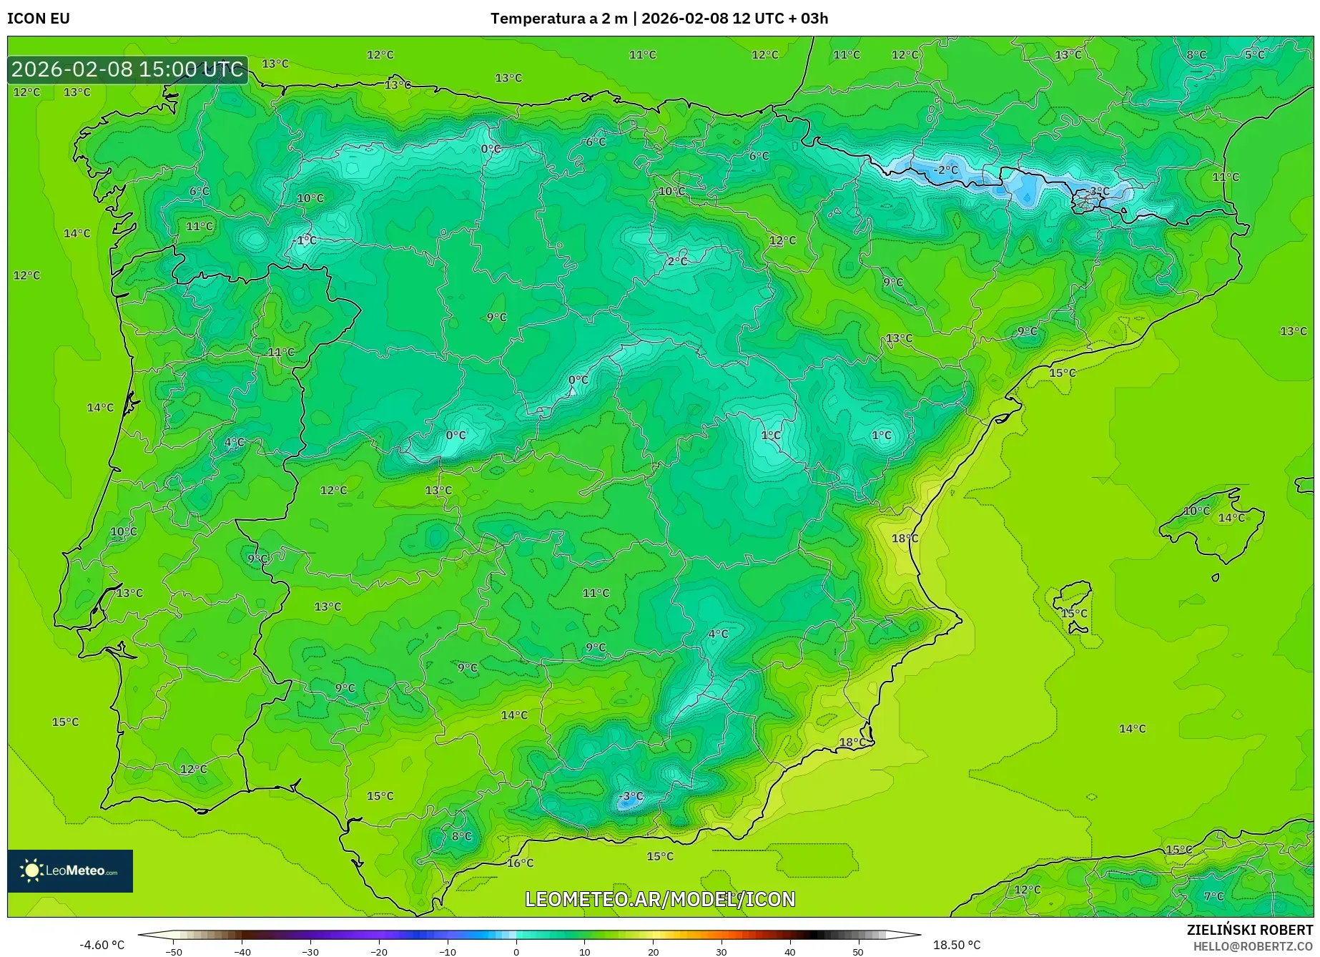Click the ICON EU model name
(x=39, y=19)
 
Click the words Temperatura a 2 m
(x=558, y=19)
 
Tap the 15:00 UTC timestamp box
(x=128, y=69)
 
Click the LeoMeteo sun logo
(x=31, y=870)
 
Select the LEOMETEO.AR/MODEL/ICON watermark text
(x=660, y=899)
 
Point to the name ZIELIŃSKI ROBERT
(x=1250, y=930)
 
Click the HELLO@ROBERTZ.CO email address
(x=1253, y=946)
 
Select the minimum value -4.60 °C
(x=102, y=945)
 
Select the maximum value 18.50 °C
(x=957, y=945)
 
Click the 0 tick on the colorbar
(x=516, y=951)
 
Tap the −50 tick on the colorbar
(x=174, y=951)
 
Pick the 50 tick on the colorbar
(x=858, y=951)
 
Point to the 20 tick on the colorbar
(x=653, y=951)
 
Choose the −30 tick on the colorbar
(x=310, y=951)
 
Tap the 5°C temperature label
(x=1254, y=54)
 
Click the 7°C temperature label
(x=1213, y=896)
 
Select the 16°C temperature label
(x=520, y=863)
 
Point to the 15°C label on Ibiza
(x=1074, y=613)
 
